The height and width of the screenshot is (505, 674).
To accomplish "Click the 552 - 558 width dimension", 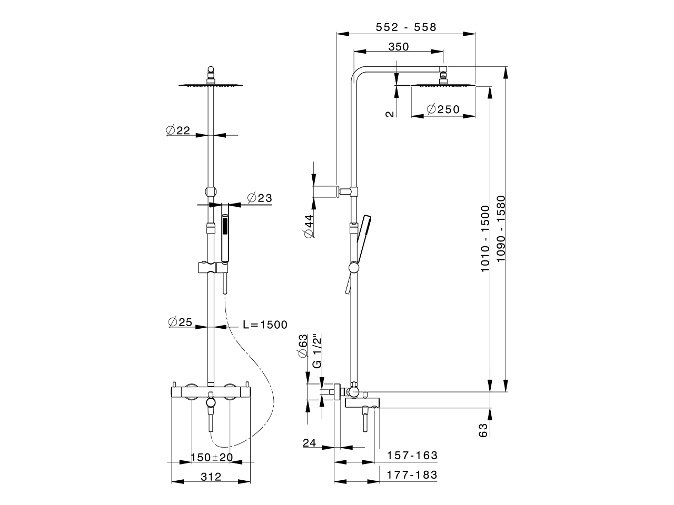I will (406, 27).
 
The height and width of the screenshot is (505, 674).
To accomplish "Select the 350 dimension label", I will (398, 46).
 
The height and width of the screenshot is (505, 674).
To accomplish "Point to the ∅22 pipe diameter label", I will (178, 130).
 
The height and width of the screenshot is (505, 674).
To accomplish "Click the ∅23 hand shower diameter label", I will (259, 198).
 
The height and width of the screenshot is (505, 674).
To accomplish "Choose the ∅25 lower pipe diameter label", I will (180, 322).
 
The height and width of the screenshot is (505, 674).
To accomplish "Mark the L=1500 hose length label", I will (265, 325).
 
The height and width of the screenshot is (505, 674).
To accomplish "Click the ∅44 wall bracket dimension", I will (309, 226).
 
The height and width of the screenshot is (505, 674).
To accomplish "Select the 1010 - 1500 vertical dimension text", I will (485, 239).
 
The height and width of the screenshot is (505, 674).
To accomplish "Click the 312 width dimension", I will (211, 477).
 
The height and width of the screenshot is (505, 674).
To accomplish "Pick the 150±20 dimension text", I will (211, 457).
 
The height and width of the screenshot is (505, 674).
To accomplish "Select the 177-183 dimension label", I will (412, 474).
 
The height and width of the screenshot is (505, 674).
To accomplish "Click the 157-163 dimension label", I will (412, 455).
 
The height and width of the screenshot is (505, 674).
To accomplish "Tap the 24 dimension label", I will (310, 443).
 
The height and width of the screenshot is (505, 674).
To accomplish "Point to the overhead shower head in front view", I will (211, 84).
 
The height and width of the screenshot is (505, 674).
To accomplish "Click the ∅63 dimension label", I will (303, 346).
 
